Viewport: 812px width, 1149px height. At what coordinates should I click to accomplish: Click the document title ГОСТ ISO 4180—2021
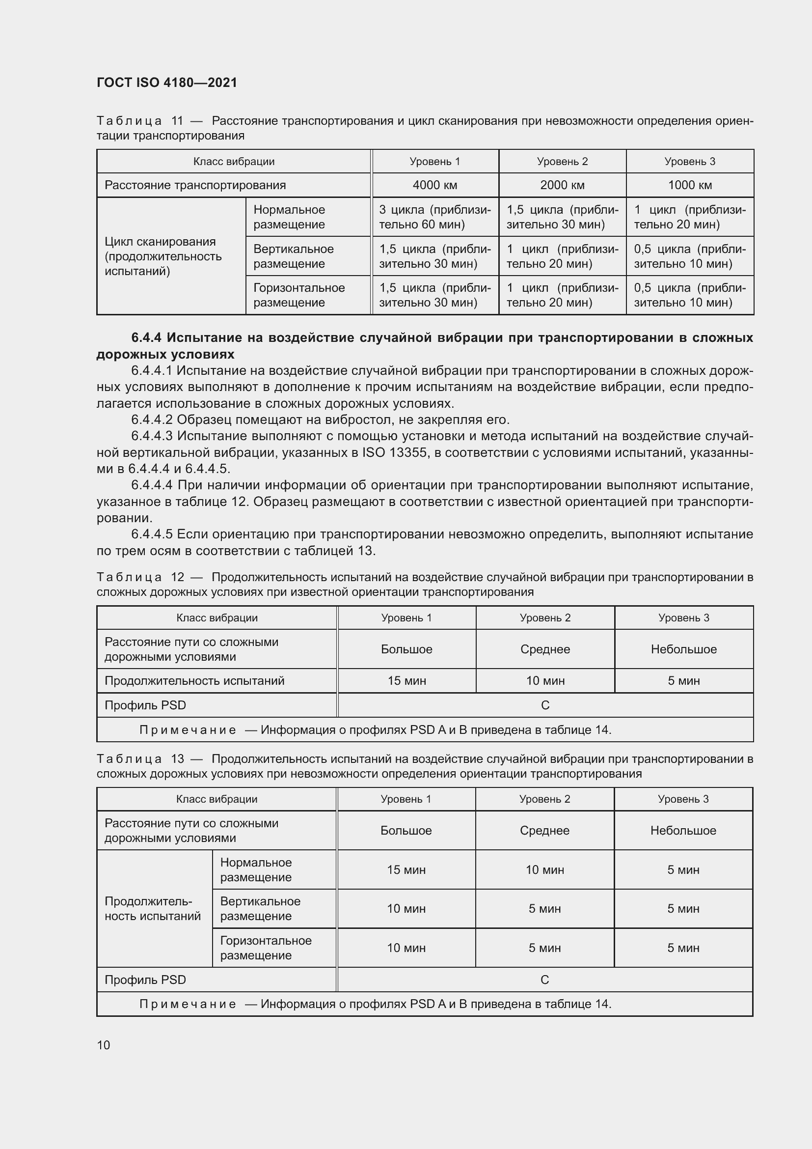click(166, 83)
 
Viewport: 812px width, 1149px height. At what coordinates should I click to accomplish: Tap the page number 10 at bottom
click(104, 1045)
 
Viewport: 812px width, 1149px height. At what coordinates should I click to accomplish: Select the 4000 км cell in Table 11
click(434, 185)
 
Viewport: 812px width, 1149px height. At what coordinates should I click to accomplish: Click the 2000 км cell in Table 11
click(562, 185)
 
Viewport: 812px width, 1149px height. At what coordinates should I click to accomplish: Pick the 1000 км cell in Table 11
click(689, 185)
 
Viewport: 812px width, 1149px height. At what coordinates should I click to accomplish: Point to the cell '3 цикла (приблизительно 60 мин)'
click(434, 217)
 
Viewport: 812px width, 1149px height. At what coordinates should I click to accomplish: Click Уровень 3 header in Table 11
click(689, 161)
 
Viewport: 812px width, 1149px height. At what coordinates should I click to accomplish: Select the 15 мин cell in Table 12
click(406, 680)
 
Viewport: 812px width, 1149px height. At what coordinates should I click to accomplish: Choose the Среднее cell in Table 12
click(545, 649)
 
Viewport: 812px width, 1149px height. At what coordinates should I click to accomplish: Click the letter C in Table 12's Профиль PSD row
click(545, 705)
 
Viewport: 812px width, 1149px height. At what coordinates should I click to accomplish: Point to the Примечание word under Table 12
click(188, 729)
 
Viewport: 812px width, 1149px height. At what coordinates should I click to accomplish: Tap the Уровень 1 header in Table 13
click(406, 799)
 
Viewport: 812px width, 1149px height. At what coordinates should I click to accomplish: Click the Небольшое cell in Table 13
click(683, 830)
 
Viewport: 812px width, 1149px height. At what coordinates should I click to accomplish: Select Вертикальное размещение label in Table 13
click(260, 908)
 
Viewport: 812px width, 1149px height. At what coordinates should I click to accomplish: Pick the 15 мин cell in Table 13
click(406, 870)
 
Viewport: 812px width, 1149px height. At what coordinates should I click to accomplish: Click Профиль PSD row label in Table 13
click(145, 980)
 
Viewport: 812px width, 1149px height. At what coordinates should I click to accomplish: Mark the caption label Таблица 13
click(140, 759)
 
